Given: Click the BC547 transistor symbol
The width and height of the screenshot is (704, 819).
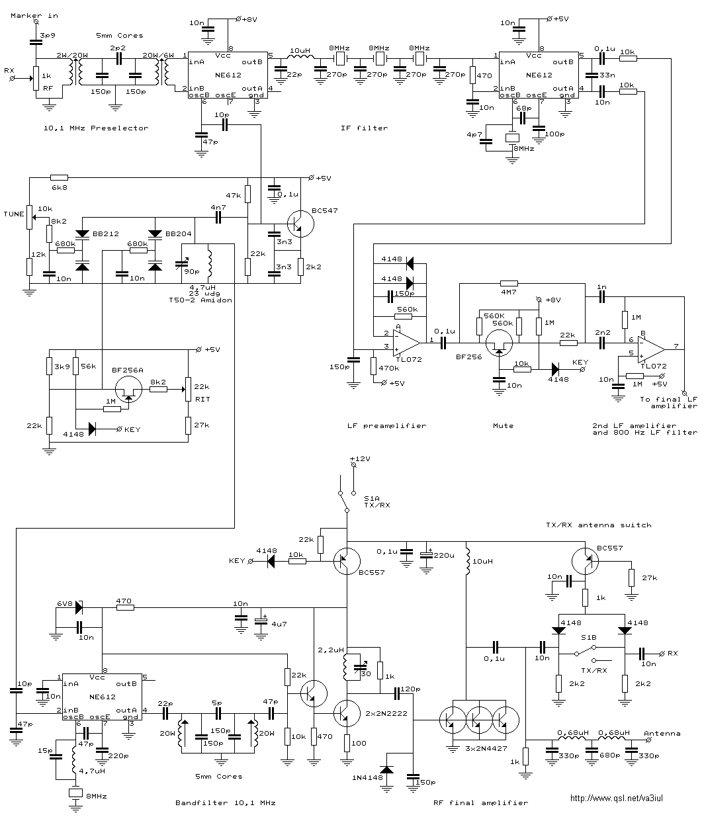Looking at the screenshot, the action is (x=300, y=224).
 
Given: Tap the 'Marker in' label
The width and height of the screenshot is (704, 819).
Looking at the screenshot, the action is (x=34, y=16).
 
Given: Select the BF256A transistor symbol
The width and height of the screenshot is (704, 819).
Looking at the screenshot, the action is (x=128, y=389).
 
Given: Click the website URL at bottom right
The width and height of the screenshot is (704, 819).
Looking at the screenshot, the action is (x=617, y=798).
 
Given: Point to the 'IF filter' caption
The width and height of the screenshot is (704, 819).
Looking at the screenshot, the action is (x=364, y=128).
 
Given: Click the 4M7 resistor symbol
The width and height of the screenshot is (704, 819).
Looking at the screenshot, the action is (x=509, y=283).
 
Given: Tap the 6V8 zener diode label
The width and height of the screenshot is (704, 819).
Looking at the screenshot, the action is (x=65, y=604).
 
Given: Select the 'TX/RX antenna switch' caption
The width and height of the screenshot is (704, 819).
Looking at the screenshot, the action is (x=599, y=525).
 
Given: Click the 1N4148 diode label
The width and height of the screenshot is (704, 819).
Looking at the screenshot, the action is (x=367, y=777).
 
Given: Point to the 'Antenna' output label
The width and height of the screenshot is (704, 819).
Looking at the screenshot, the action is (x=662, y=734).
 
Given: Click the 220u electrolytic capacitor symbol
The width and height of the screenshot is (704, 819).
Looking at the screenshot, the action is (x=426, y=556).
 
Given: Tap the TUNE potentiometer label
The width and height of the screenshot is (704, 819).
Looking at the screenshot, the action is (x=14, y=214).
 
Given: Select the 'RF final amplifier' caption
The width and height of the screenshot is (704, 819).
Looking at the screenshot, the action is (x=481, y=802).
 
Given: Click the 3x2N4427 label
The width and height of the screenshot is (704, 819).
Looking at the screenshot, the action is (x=486, y=749).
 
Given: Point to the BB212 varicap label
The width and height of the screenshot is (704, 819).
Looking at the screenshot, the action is (x=105, y=234).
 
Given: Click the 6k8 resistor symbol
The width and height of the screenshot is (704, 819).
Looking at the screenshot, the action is (x=59, y=177).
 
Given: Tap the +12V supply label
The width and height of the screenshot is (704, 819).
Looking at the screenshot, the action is (x=360, y=458).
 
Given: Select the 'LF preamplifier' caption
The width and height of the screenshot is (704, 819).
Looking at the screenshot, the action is (x=386, y=425).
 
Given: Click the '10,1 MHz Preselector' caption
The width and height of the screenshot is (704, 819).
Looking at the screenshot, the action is (x=96, y=128).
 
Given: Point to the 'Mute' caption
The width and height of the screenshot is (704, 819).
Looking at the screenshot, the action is (x=503, y=425).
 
